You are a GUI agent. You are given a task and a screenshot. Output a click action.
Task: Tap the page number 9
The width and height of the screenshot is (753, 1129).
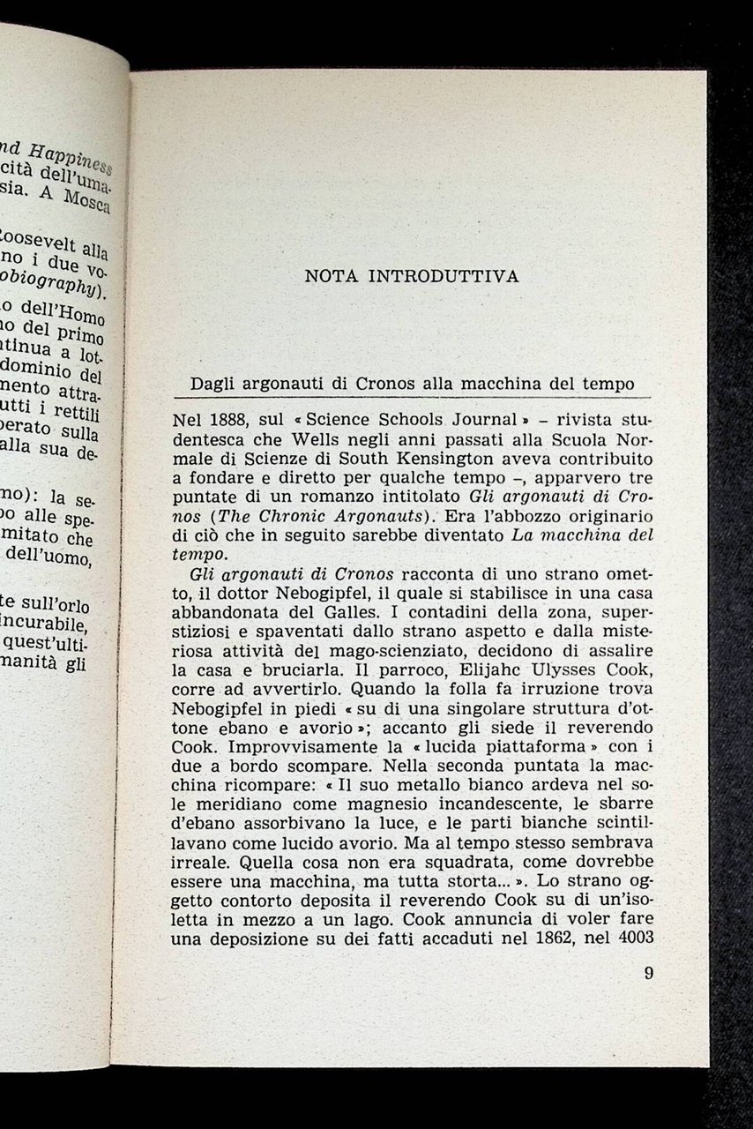(x=649, y=974)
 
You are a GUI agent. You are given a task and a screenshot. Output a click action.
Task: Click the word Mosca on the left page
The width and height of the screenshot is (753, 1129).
(x=86, y=199)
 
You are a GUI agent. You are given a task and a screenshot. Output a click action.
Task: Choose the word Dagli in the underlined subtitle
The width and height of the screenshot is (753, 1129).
(x=215, y=385)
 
